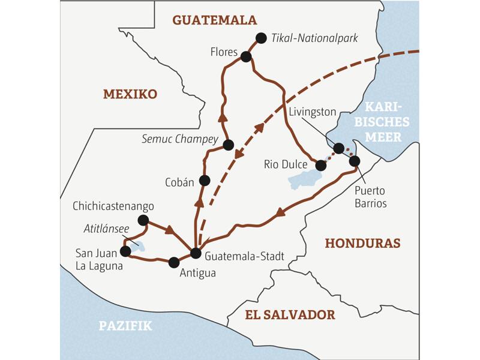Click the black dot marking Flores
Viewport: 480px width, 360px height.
click(x=245, y=57)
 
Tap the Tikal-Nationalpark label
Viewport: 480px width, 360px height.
click(x=315, y=38)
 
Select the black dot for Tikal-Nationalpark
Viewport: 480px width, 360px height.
click(x=260, y=38)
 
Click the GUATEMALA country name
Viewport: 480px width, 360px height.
click(x=214, y=20)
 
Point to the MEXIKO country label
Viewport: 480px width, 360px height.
click(x=130, y=94)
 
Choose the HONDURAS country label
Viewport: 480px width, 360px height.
click(x=362, y=243)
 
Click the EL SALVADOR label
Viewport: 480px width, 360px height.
click(x=290, y=314)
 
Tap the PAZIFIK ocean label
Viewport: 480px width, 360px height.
click(x=125, y=326)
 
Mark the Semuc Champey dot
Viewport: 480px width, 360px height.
click(x=228, y=145)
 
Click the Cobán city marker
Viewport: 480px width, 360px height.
click(x=205, y=180)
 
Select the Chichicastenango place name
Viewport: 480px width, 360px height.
click(x=112, y=206)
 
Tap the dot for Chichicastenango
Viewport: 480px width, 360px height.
click(x=143, y=220)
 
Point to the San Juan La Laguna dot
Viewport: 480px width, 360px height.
click(x=125, y=251)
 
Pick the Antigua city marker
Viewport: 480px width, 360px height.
click(x=174, y=262)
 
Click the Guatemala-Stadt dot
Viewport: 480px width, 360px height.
click(x=195, y=253)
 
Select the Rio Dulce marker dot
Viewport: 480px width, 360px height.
click(x=320, y=165)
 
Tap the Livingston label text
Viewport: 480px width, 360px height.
click(x=312, y=112)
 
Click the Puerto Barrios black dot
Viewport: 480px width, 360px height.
click(x=354, y=161)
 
